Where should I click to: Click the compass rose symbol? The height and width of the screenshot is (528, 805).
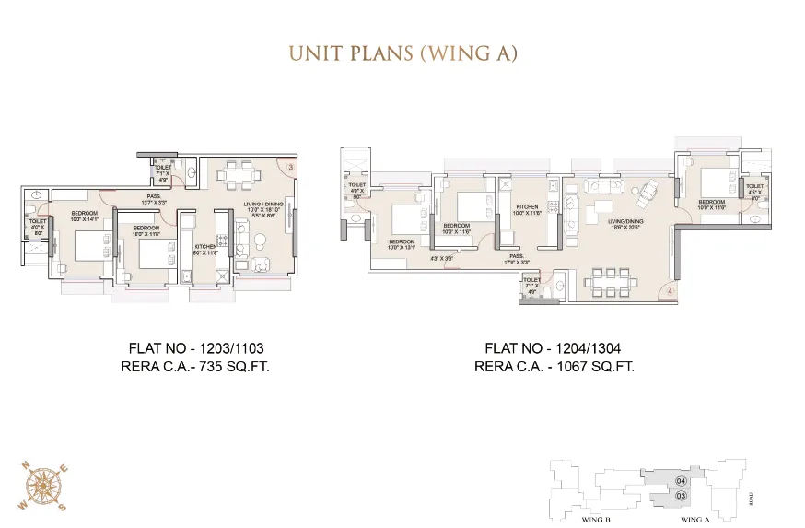[40, 487]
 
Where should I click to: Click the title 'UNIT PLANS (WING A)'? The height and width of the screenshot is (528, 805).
[402, 52]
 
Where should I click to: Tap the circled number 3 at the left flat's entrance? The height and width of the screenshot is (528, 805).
[290, 167]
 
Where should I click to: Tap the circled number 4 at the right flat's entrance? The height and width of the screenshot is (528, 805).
[670, 292]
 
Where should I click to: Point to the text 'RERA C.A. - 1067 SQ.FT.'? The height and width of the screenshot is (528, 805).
[554, 366]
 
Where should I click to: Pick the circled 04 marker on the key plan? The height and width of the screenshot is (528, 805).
[681, 481]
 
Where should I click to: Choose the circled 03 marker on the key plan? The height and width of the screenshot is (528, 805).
[681, 496]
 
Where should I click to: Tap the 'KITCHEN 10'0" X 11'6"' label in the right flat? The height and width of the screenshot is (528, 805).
[527, 210]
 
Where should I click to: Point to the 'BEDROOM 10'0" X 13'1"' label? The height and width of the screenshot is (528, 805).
[401, 243]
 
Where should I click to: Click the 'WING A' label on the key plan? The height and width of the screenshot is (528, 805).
[694, 520]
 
